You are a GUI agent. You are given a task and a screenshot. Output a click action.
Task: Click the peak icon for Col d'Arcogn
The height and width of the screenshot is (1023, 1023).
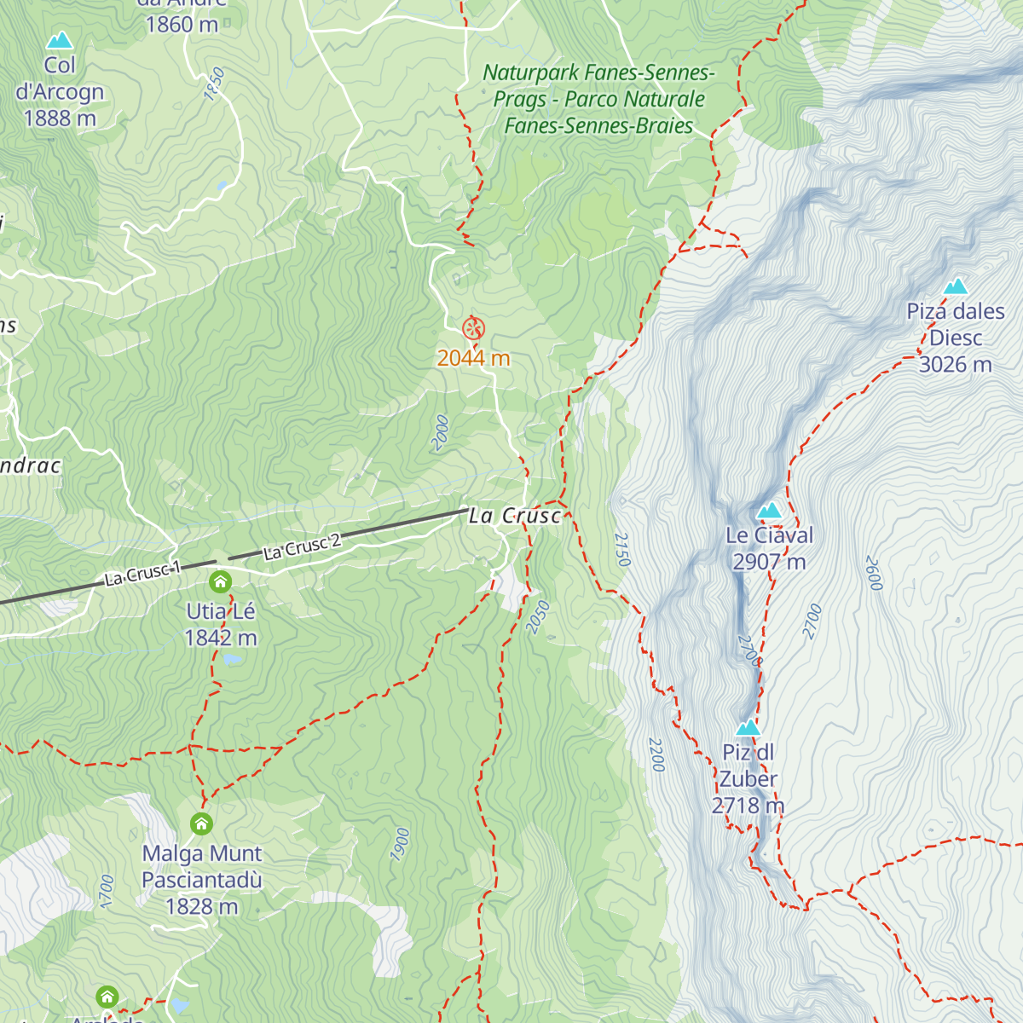click(x=60, y=40)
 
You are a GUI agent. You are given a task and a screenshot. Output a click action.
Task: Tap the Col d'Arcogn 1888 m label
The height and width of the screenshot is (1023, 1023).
click(x=60, y=92)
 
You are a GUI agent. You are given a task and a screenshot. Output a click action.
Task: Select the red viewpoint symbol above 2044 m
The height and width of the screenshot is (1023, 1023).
click(x=473, y=328)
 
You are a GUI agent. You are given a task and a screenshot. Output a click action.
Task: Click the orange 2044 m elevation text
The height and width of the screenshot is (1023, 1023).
click(x=473, y=358)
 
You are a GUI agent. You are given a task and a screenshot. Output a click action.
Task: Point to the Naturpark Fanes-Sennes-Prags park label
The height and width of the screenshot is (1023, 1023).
click(x=599, y=99)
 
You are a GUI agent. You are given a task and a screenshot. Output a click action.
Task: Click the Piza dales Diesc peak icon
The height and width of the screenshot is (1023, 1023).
click(x=956, y=286)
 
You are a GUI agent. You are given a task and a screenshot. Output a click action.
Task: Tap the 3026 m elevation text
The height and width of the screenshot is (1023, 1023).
click(x=955, y=365)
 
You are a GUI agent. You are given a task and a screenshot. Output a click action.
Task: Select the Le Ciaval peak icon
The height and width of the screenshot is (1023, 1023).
click(x=770, y=511)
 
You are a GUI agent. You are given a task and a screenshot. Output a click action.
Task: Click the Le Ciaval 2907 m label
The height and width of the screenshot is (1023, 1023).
click(x=769, y=548)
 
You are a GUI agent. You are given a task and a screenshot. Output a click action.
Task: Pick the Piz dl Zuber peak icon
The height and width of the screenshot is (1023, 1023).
click(x=748, y=727)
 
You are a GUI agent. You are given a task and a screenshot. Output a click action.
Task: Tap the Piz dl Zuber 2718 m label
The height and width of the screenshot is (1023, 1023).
click(x=748, y=778)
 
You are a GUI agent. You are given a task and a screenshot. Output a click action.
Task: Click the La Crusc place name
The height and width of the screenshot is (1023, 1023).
click(x=515, y=516)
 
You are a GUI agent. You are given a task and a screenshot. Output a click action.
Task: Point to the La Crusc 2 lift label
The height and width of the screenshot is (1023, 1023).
click(x=302, y=546)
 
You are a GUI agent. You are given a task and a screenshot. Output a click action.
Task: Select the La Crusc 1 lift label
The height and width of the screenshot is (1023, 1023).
click(x=142, y=574)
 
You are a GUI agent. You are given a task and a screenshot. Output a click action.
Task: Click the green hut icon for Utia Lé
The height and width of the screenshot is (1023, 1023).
click(x=220, y=582)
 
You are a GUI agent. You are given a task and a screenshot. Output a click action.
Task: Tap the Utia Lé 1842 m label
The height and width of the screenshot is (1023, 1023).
click(x=221, y=624)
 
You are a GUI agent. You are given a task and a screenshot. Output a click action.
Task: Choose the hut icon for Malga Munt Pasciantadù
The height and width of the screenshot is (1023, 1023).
click(x=201, y=824)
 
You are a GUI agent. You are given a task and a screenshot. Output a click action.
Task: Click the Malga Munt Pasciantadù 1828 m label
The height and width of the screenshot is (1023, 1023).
click(x=202, y=879)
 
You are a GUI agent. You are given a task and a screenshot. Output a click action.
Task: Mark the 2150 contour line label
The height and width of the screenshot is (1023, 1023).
click(x=622, y=550)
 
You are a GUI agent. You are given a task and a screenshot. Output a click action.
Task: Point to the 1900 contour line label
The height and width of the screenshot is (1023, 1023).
click(x=401, y=844)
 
